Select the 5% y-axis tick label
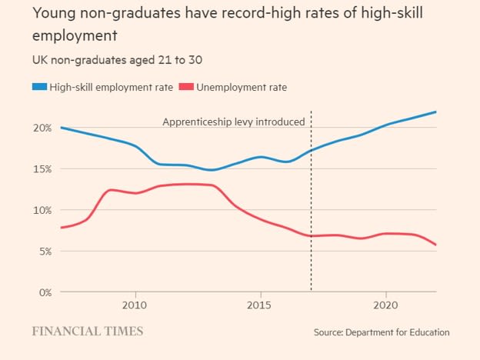point(43,251)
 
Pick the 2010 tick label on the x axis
point(135,304)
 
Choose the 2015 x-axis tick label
point(261,304)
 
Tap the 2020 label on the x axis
point(385,304)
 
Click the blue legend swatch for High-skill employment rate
point(38,87)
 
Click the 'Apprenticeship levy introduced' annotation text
point(234,122)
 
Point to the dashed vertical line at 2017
point(311,215)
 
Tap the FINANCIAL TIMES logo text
point(87,332)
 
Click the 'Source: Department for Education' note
point(382,332)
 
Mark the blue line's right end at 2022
point(436,112)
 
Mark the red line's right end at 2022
point(436,245)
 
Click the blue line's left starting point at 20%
point(61,128)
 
